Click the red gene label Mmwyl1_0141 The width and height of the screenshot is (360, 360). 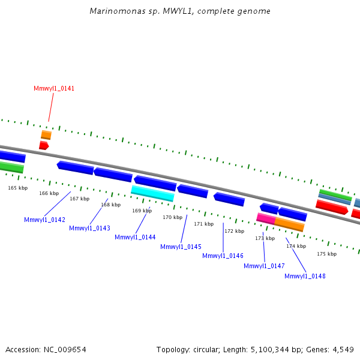click(54, 88)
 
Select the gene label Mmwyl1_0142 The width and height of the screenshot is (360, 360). click(44, 220)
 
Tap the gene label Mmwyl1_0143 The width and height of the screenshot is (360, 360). click(89, 228)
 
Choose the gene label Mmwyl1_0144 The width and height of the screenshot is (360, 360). click(135, 237)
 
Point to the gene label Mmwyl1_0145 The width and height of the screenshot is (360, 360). click(181, 247)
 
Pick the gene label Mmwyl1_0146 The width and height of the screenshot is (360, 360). click(223, 256)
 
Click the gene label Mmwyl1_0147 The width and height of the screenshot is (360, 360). click(264, 266)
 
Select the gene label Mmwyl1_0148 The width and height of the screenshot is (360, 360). click(305, 276)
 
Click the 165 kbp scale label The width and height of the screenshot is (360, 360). click(18, 188)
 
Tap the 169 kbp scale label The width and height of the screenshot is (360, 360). click(142, 211)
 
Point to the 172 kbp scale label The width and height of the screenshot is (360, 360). click(234, 231)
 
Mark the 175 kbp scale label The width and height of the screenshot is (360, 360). click(326, 254)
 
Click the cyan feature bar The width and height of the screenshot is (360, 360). click(152, 193)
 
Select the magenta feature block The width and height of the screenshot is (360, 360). click(266, 218)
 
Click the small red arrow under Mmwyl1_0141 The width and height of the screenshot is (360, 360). click(43, 145)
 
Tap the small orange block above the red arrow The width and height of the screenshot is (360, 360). click(46, 135)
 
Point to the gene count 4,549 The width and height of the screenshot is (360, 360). click(343, 349)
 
